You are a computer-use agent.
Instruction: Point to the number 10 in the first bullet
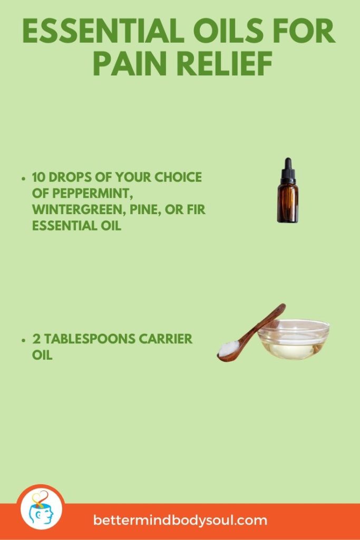click(39, 178)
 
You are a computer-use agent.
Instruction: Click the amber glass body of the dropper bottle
click(288, 203)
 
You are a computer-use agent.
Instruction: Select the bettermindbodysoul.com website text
click(180, 520)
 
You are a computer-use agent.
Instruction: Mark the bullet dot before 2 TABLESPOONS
click(24, 341)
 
